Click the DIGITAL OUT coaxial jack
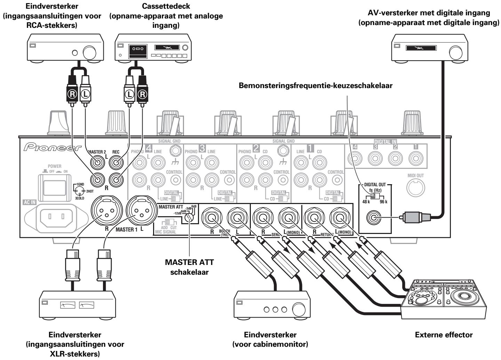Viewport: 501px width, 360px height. pyautogui.click(x=374, y=219)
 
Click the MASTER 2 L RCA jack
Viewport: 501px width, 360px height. pyautogui.click(x=98, y=162)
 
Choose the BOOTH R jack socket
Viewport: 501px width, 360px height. pyautogui.click(x=211, y=219)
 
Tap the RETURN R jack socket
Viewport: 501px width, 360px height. pyautogui.click(x=314, y=219)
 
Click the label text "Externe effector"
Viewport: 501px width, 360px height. pyautogui.click(x=444, y=335)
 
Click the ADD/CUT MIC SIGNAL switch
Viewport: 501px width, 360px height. pyautogui.click(x=169, y=222)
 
